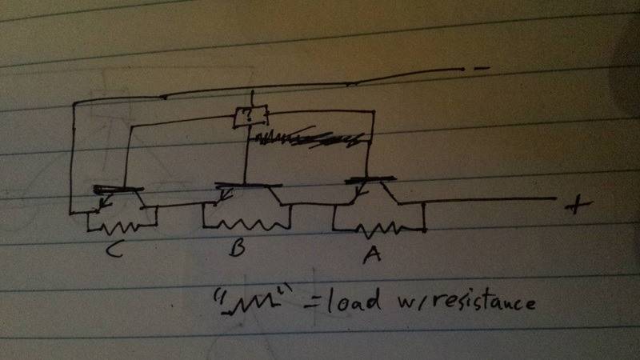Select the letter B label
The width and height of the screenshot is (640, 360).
pyautogui.click(x=236, y=249)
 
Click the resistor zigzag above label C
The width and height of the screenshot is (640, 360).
pyautogui.click(x=121, y=226)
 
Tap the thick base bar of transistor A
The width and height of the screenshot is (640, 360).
pyautogui.click(x=371, y=181)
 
